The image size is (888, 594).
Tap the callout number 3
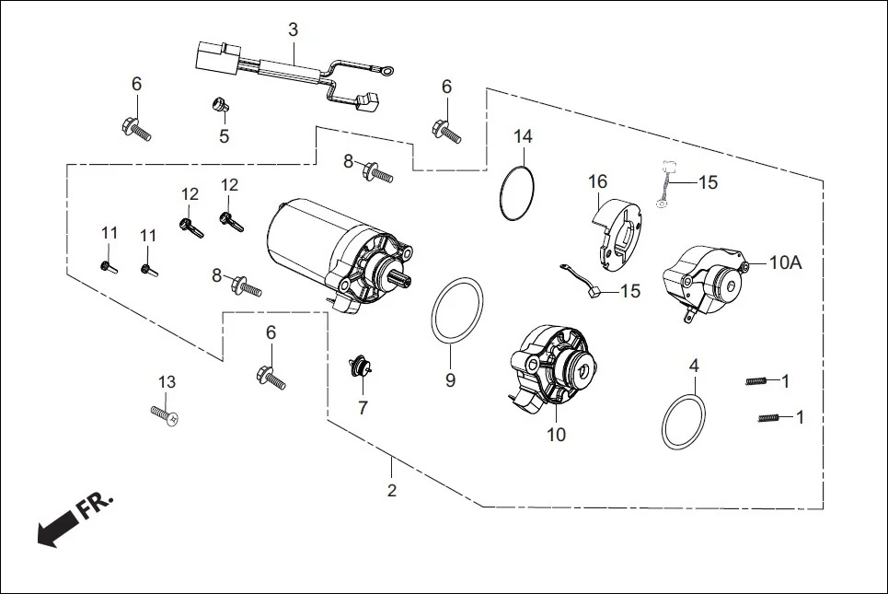[x=293, y=30]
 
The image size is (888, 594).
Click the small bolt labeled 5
[x=219, y=106]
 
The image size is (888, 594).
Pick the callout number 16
[x=598, y=182]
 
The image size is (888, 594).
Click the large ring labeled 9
[x=457, y=311]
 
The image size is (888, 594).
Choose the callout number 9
[x=450, y=379]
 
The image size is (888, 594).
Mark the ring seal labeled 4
[x=685, y=423]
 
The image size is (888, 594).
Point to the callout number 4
[x=694, y=366]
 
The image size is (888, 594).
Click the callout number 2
[x=392, y=491]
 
